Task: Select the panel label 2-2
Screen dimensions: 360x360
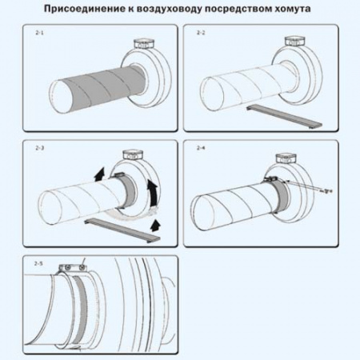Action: coord(200,32)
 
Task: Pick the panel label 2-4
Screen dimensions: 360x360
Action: coord(200,148)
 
